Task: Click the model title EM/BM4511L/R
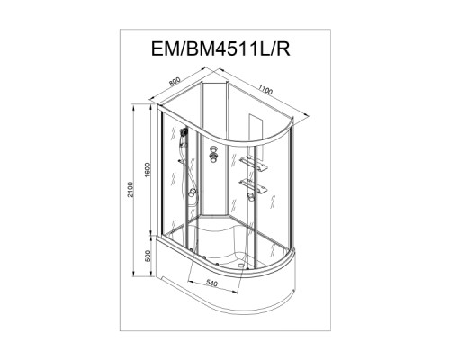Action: pyautogui.click(x=220, y=49)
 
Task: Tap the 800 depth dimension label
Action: pyautogui.click(x=175, y=81)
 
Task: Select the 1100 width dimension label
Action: pyautogui.click(x=265, y=90)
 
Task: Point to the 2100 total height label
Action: pyautogui.click(x=130, y=189)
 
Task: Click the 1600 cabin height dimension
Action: pyautogui.click(x=147, y=170)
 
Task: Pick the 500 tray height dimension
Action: pyautogui.click(x=147, y=256)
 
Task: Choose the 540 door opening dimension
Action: pyautogui.click(x=211, y=283)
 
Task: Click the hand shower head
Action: pyautogui.click(x=184, y=131)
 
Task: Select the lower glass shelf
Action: pyautogui.click(x=253, y=184)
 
